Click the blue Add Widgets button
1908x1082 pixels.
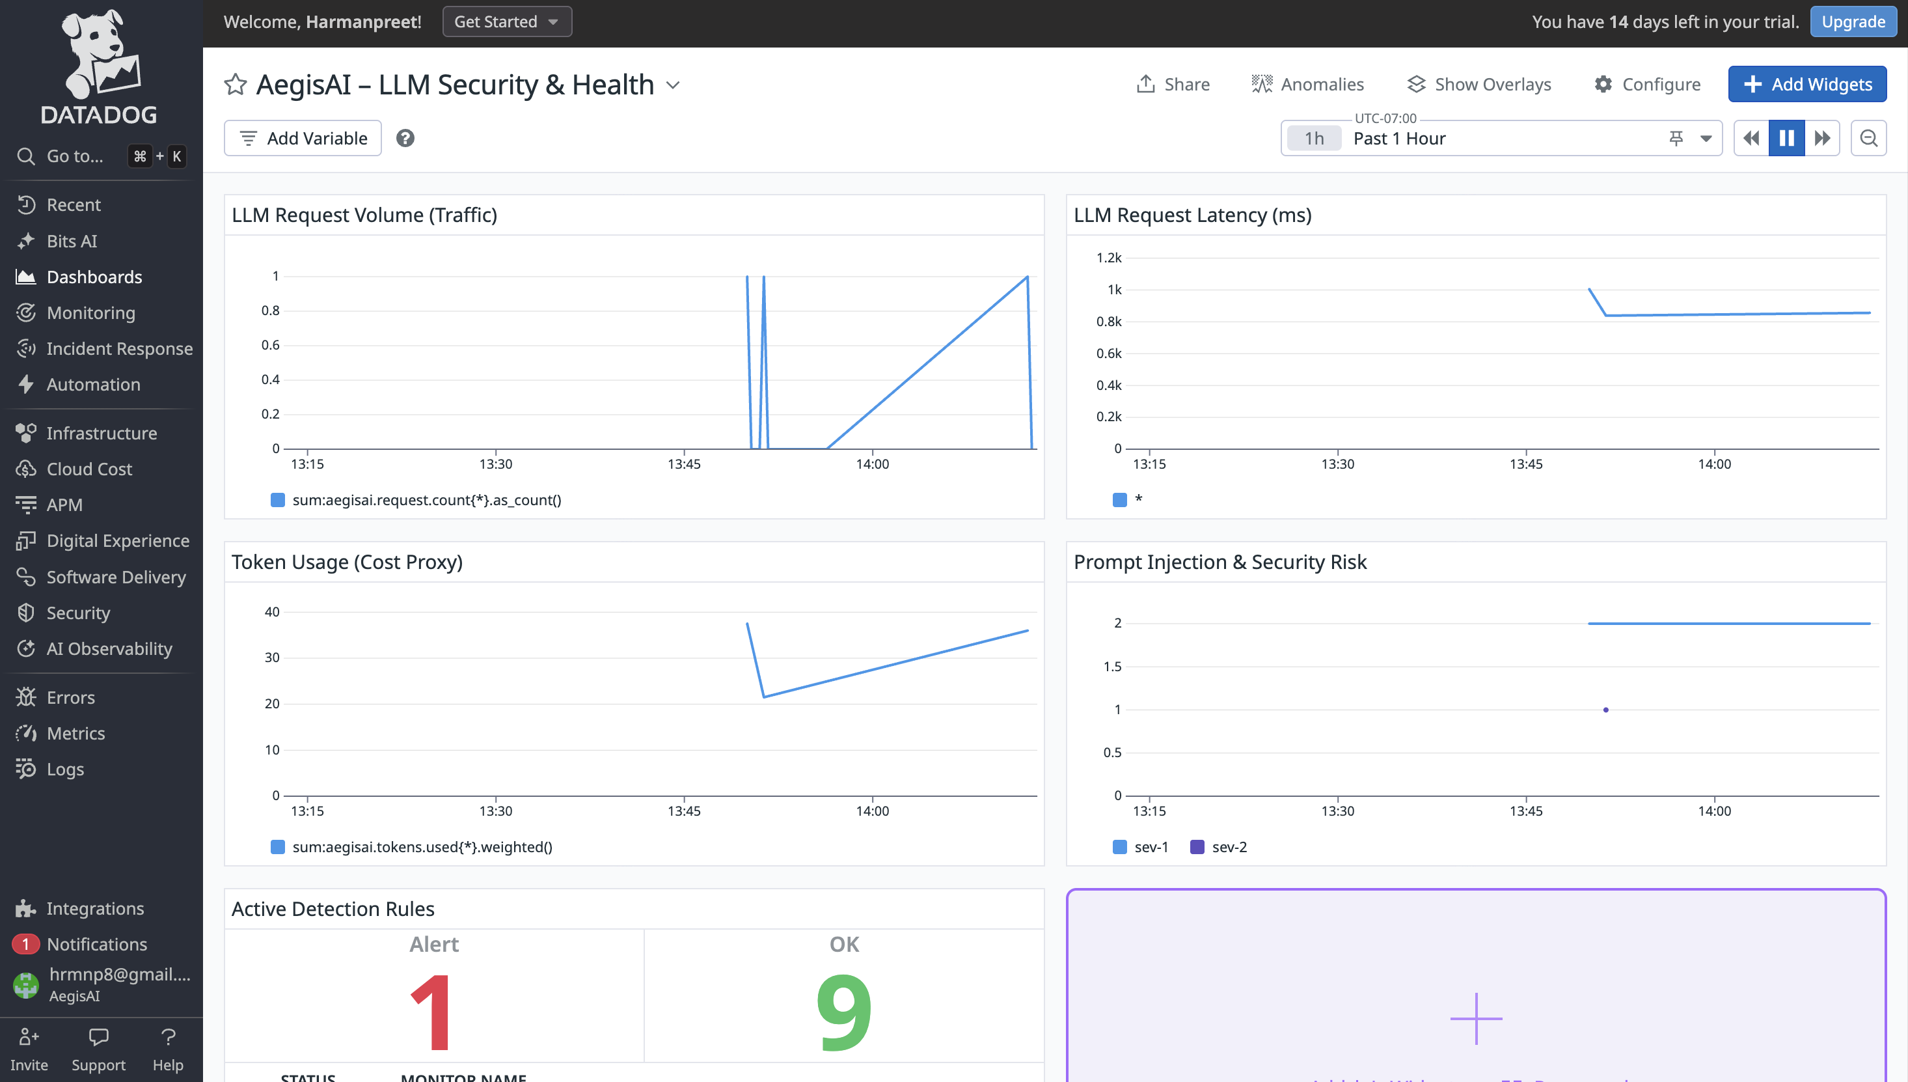pos(1806,84)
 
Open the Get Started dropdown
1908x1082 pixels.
pos(506,21)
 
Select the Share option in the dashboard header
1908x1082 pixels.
pos(1173,84)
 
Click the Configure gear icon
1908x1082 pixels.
pos(1603,84)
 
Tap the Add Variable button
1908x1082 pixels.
pos(303,138)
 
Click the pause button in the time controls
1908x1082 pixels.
pos(1786,138)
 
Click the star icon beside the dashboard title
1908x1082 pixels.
pos(235,84)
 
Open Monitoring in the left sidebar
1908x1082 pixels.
pos(90,313)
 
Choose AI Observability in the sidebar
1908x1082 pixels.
pos(109,649)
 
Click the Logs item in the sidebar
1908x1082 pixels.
pos(65,769)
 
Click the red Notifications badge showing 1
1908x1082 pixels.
pos(25,944)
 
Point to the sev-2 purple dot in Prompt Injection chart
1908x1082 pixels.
pos(1605,710)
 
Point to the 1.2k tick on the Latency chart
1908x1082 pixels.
pos(1109,258)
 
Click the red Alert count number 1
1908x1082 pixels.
pos(431,1012)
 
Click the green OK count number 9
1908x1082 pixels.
pos(844,1012)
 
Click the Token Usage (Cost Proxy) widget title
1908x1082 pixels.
pos(347,562)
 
